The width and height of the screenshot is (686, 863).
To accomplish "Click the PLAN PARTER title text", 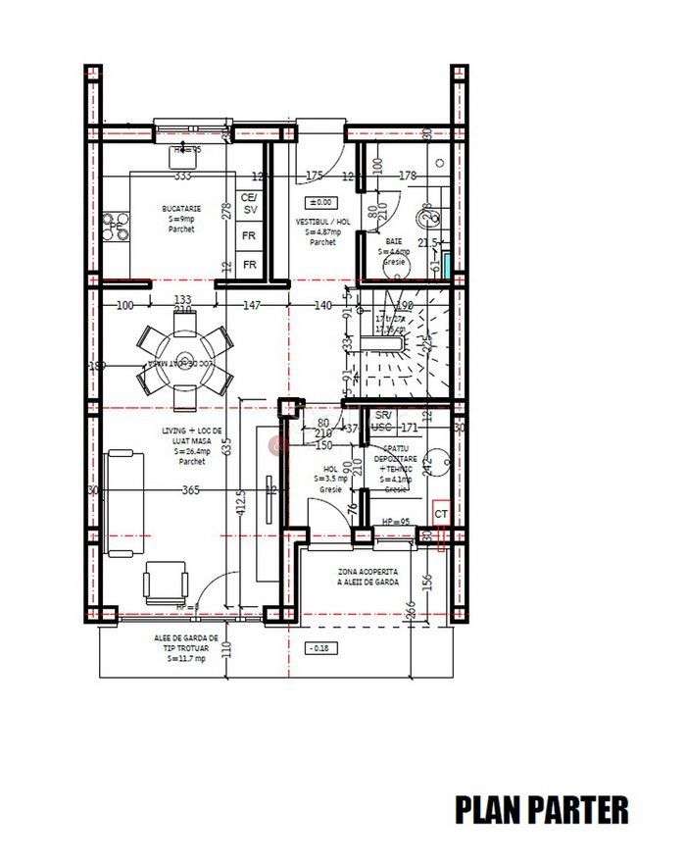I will point(541,809).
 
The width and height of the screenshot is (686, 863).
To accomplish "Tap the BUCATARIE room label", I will point(181,215).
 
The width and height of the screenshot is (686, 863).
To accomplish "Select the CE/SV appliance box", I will point(250,204).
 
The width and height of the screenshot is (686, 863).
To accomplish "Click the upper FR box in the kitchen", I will point(250,236).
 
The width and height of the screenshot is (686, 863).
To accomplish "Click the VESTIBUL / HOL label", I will point(322,228).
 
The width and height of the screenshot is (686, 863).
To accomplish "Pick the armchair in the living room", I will point(165,583).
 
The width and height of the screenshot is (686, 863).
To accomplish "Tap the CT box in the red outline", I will point(441,514).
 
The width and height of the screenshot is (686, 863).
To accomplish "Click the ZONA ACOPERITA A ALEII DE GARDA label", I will point(367,576).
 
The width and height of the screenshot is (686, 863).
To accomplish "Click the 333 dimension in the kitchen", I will point(181,177).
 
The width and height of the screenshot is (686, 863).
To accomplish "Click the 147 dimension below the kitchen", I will point(252,306).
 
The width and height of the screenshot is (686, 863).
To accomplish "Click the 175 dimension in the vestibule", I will point(314,177).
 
